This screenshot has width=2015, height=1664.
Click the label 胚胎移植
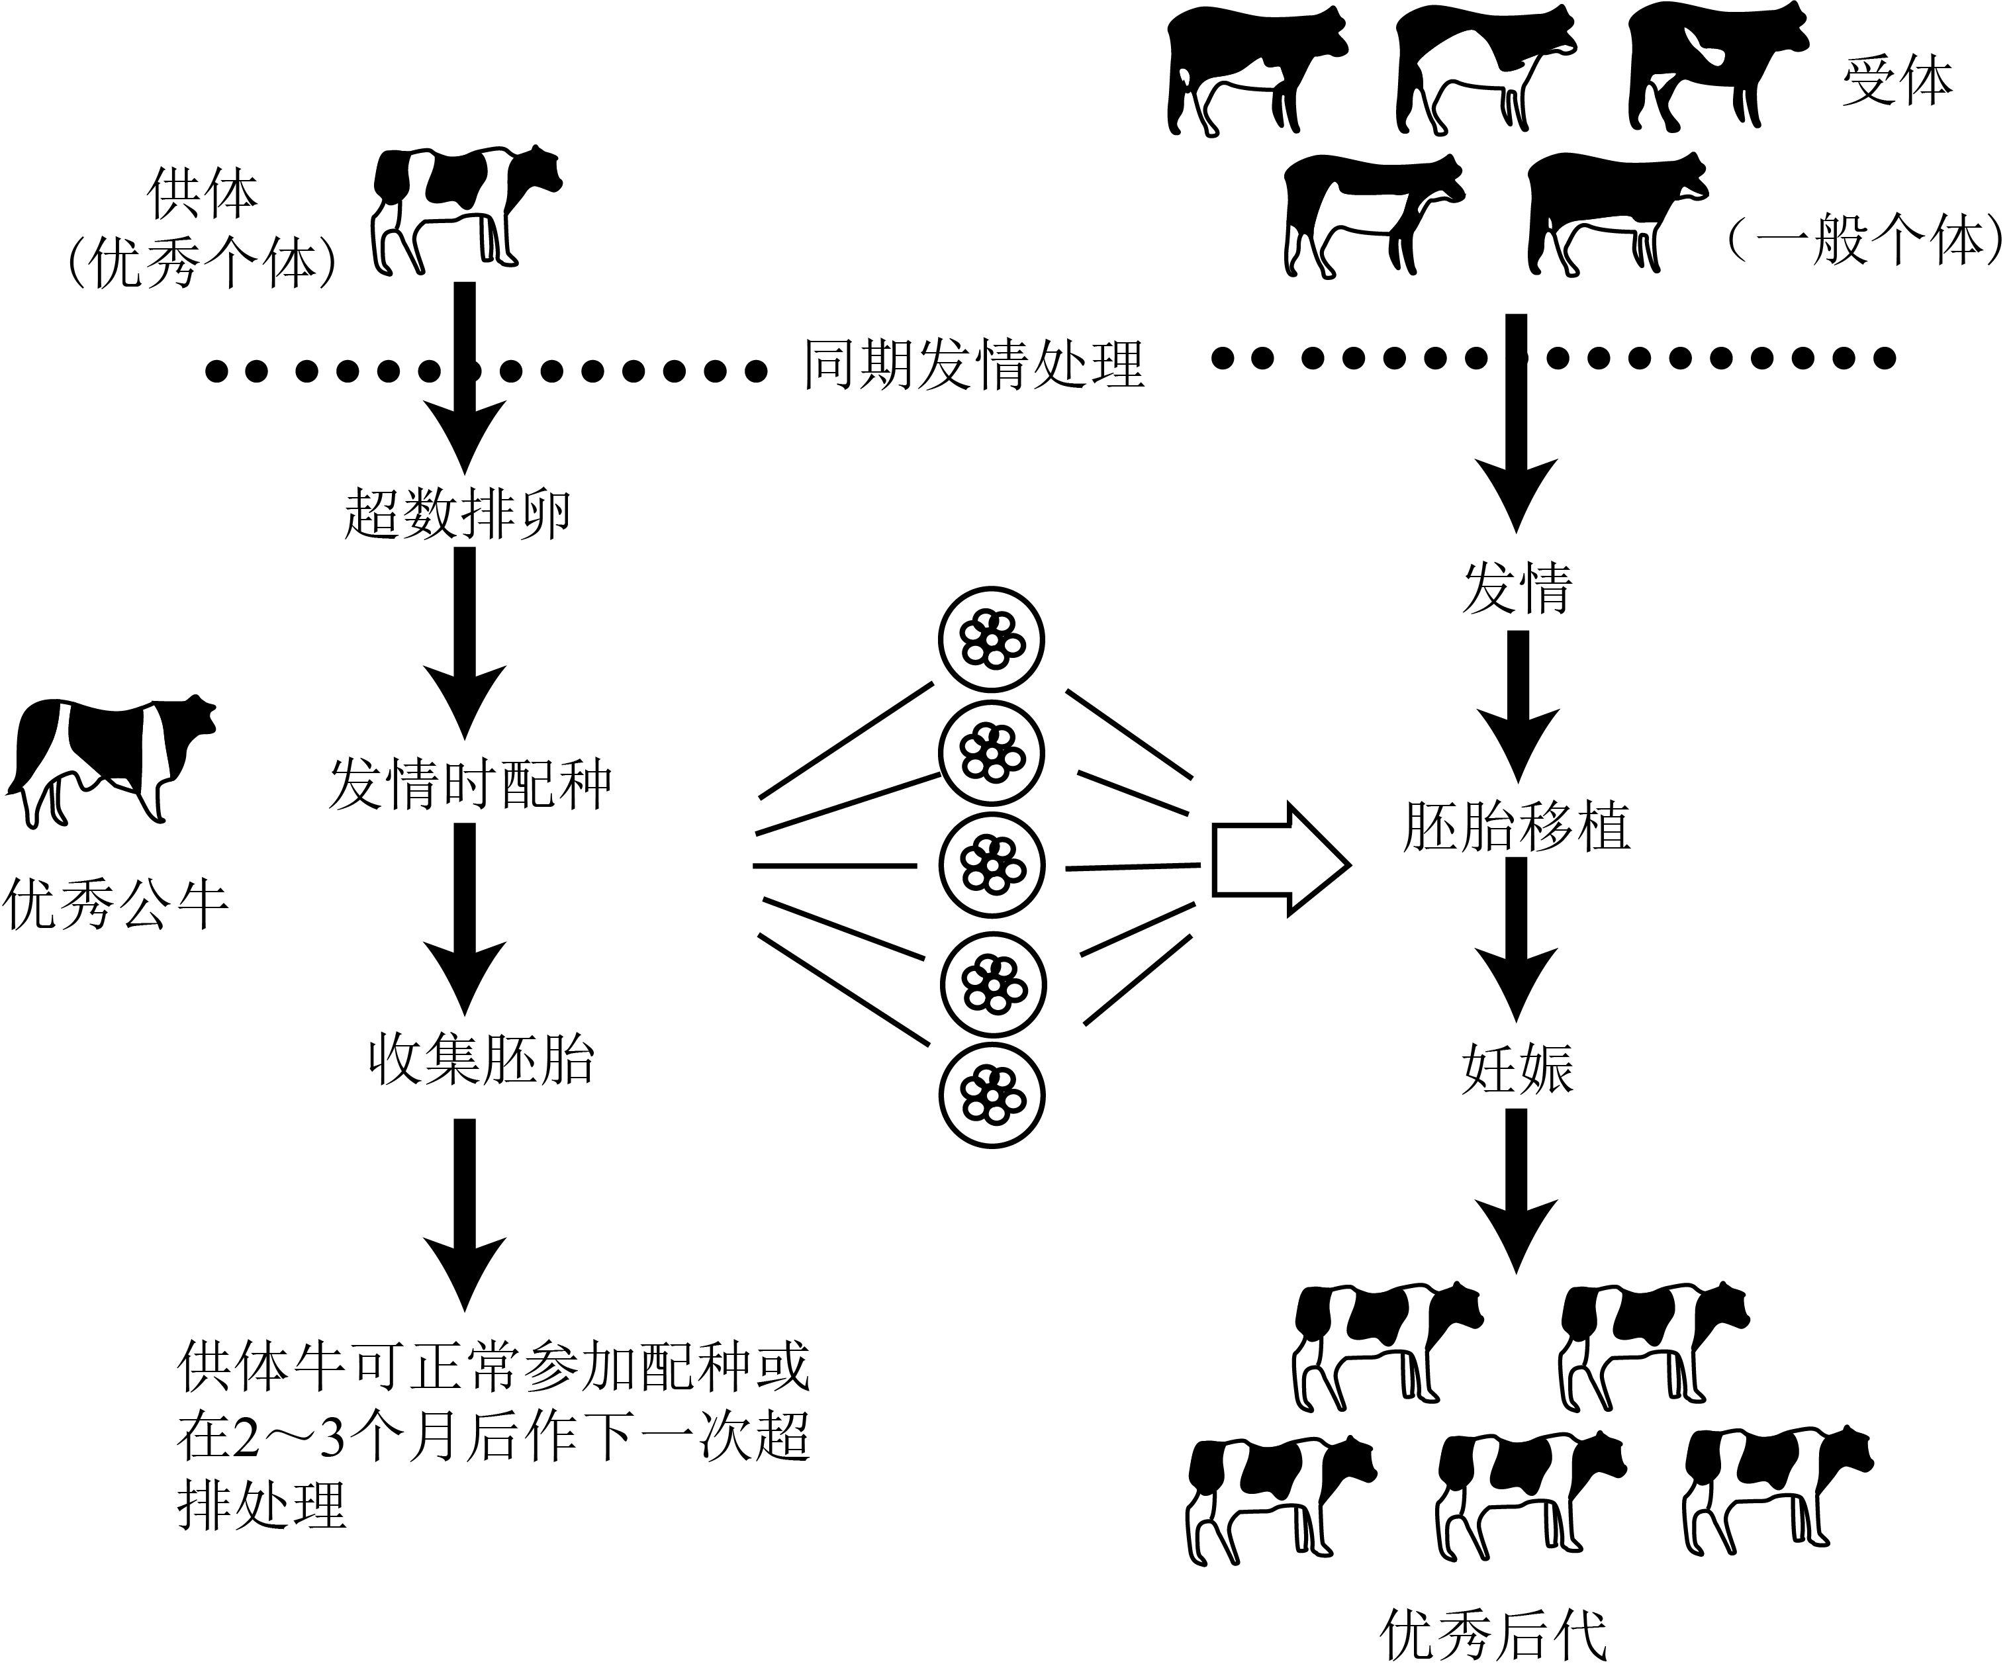click(x=1517, y=826)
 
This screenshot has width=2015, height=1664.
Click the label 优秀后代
click(x=1493, y=1634)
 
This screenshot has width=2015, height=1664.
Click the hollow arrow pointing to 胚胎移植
click(x=1282, y=864)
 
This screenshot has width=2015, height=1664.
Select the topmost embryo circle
click(x=991, y=639)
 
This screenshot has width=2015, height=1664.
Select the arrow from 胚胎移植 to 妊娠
click(x=1517, y=941)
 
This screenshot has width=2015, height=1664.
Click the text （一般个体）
click(x=1867, y=240)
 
